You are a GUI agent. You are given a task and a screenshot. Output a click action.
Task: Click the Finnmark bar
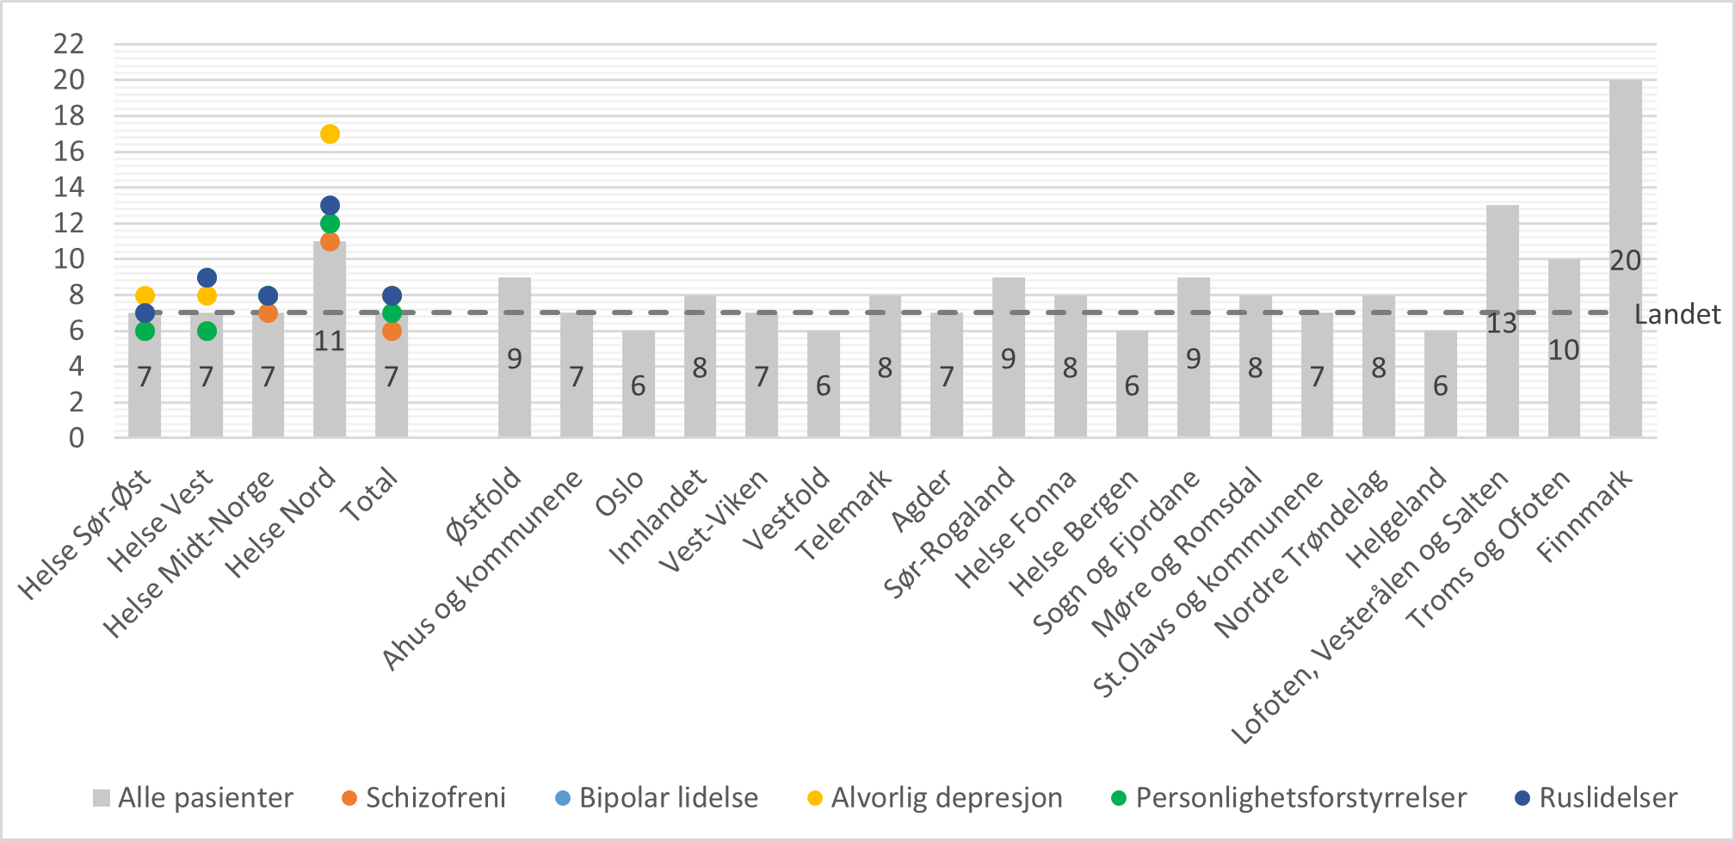tap(1625, 258)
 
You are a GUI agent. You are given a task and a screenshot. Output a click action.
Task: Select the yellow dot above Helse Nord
tap(330, 134)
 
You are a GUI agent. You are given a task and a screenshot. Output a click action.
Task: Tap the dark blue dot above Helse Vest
tap(207, 278)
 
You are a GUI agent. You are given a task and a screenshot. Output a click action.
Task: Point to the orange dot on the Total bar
tap(392, 331)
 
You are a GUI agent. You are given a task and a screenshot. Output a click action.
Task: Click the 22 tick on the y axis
tap(69, 44)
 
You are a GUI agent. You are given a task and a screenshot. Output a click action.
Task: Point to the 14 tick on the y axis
tap(69, 187)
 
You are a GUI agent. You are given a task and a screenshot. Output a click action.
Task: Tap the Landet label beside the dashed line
tap(1676, 315)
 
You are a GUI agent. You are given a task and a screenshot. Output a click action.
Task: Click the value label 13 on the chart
tap(1502, 325)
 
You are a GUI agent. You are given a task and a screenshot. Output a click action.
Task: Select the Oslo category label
tap(620, 494)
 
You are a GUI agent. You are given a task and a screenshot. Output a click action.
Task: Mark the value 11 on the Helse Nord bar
tap(329, 342)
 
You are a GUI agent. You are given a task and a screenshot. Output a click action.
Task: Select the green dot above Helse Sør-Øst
tap(145, 331)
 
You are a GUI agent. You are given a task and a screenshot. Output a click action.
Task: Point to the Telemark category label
tap(844, 515)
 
